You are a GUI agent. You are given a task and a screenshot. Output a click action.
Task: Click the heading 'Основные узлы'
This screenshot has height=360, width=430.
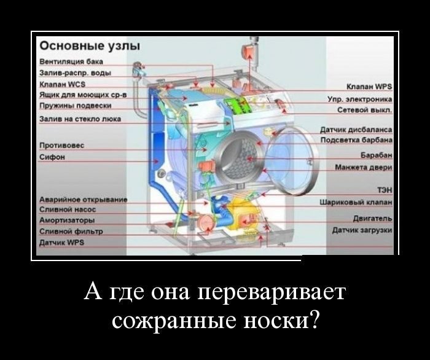[90, 47]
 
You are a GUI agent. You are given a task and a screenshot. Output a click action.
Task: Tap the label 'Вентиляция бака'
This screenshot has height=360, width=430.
[67, 62]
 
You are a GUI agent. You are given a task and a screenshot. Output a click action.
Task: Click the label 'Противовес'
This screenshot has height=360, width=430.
[61, 146]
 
